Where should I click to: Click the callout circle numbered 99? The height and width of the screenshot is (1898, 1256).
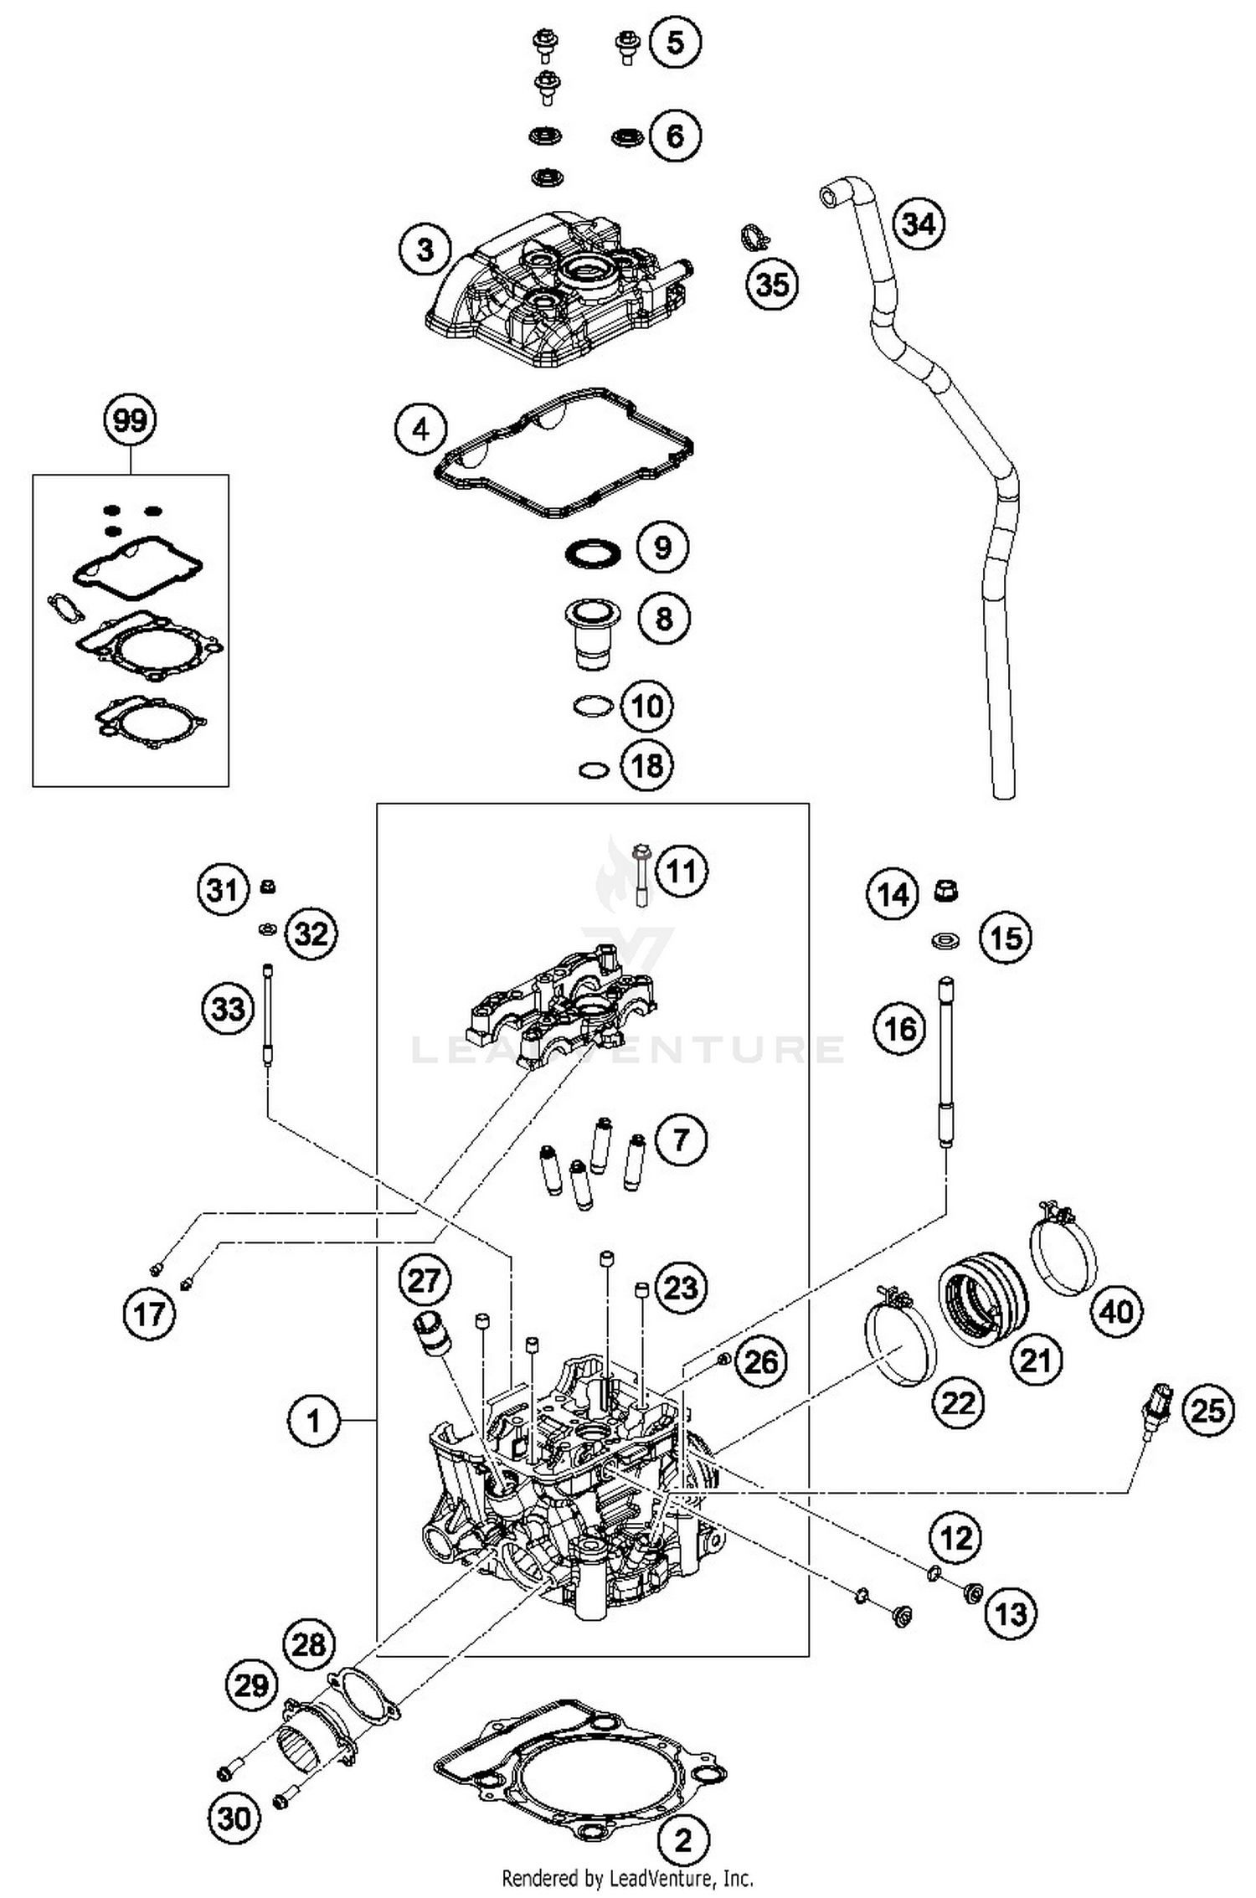point(131,420)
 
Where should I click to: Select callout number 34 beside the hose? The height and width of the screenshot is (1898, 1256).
point(919,224)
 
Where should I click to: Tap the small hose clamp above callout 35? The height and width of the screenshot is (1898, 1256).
point(755,238)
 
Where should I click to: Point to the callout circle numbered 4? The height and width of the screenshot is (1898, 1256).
point(421,429)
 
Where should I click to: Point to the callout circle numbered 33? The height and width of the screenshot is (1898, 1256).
point(228,1008)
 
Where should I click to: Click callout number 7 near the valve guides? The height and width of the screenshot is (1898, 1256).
point(680,1139)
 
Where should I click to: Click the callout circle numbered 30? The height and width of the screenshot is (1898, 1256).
point(234,1818)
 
